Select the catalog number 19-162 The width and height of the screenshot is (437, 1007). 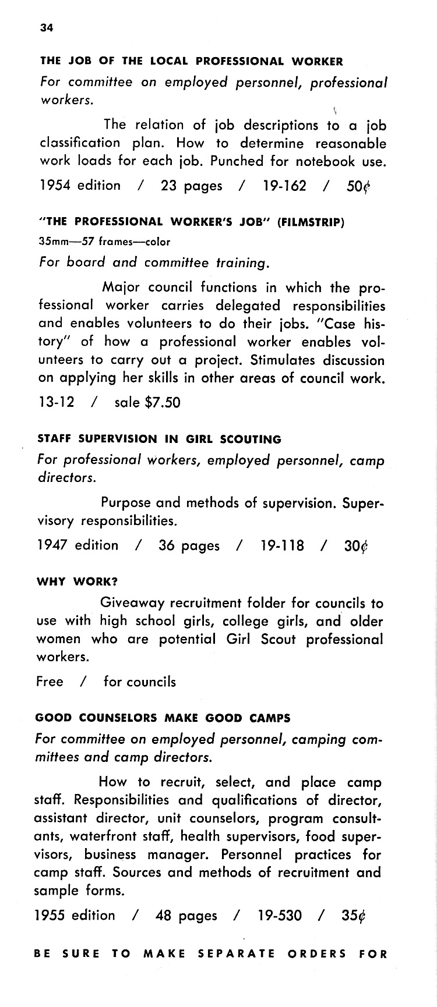pyautogui.click(x=284, y=186)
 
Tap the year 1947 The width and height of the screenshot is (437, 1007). pyautogui.click(x=52, y=545)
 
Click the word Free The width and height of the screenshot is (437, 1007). pyautogui.click(x=50, y=682)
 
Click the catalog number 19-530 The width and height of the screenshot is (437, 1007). pyautogui.click(x=280, y=916)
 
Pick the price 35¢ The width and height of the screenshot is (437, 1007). pyautogui.click(x=354, y=916)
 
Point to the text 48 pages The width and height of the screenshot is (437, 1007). pyautogui.click(x=186, y=916)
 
